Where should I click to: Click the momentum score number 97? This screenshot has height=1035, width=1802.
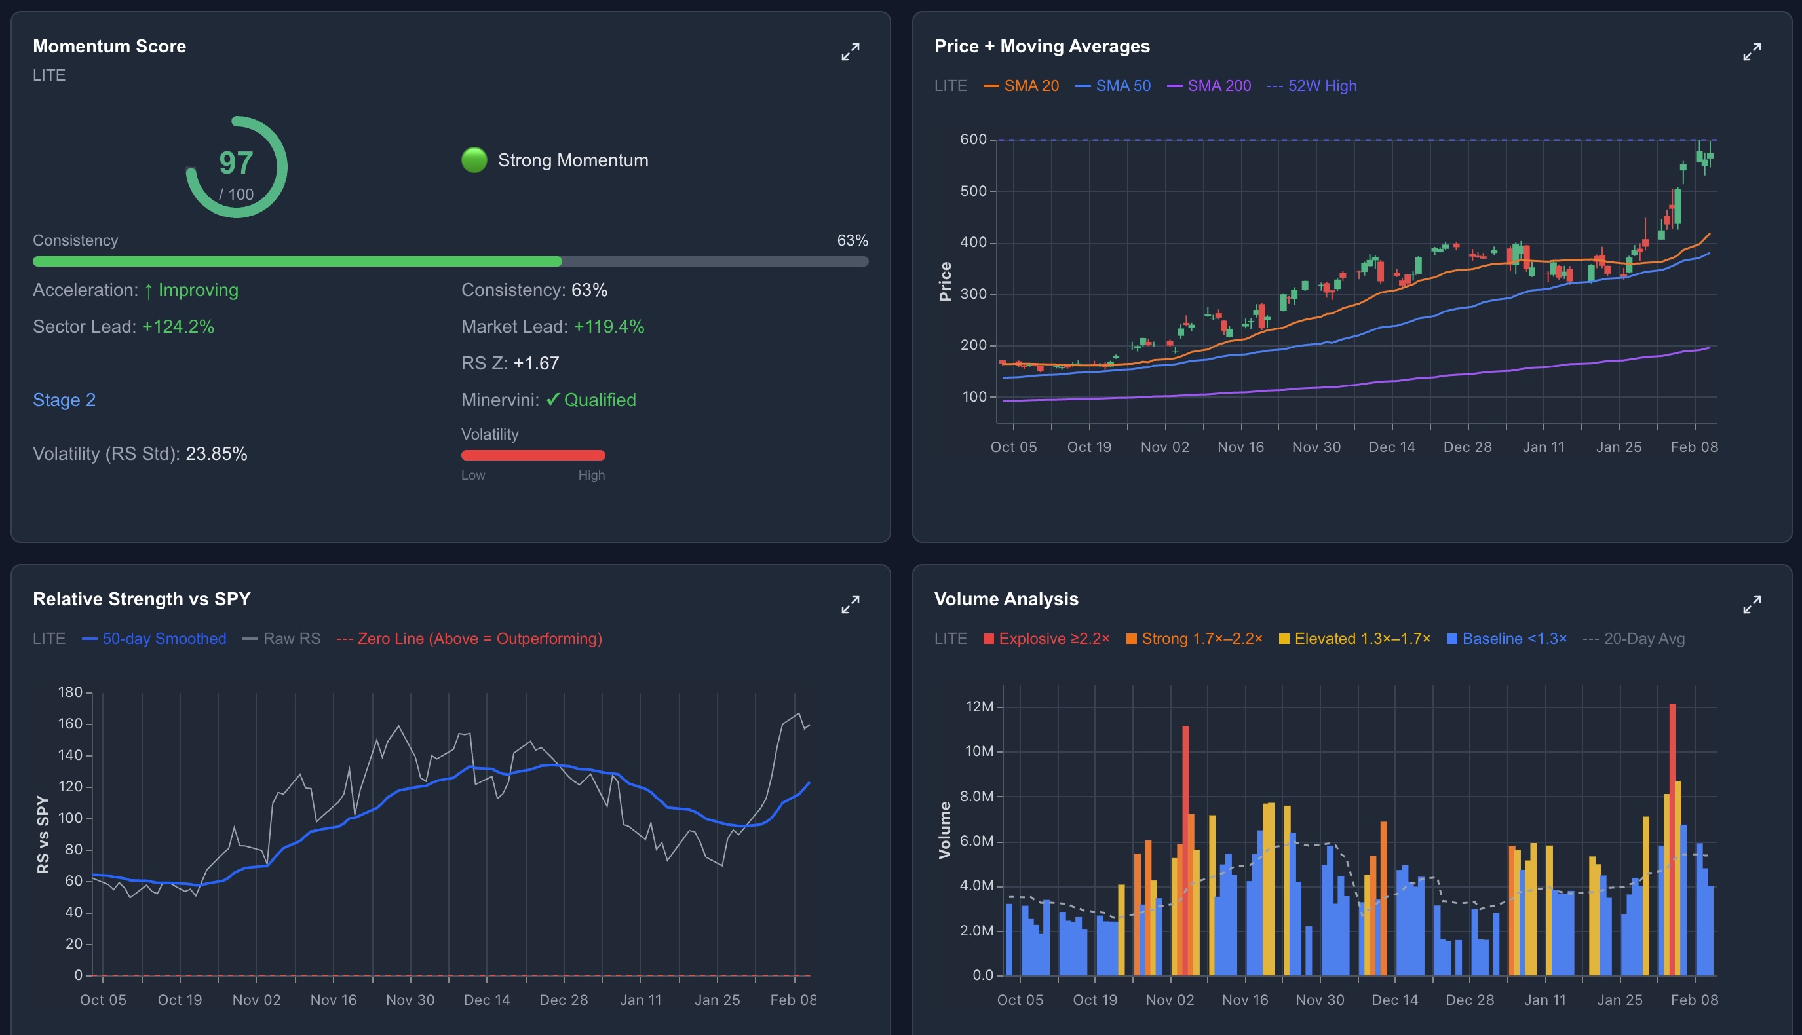235,164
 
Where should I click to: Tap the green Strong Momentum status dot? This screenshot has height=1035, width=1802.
474,160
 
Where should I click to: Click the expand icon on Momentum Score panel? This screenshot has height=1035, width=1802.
850,51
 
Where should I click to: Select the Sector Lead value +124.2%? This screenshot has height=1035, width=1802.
178,327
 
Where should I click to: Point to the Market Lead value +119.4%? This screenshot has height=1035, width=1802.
609,327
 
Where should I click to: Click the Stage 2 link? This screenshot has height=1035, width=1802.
64,400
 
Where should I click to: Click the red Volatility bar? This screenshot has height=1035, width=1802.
533,455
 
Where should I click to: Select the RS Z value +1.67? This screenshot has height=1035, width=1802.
536,364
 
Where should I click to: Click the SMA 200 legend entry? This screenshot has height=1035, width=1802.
1210,86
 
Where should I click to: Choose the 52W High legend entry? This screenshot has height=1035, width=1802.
1313,86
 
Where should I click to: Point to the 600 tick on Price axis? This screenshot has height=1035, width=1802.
973,140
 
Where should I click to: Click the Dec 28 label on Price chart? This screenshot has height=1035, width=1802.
1467,447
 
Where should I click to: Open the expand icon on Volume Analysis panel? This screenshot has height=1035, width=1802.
1752,604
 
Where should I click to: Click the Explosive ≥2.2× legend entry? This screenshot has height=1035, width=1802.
1046,638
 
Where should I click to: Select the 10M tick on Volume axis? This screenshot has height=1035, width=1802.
979,751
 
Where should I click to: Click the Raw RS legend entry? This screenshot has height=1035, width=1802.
282,638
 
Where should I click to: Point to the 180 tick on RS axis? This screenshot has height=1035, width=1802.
70,692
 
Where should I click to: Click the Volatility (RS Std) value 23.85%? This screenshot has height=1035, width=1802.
216,454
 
